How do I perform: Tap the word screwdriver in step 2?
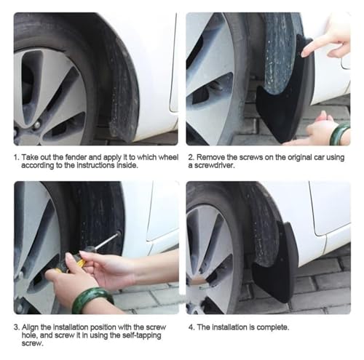[211, 166]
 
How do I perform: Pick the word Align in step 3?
[30, 327]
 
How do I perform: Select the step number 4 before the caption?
[191, 327]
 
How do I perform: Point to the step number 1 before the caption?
[16, 157]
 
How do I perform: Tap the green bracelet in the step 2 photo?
[340, 134]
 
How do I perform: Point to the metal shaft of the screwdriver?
[106, 241]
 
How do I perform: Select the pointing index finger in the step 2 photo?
[315, 47]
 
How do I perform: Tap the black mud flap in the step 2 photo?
[285, 97]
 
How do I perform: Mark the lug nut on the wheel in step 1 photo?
[36, 125]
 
